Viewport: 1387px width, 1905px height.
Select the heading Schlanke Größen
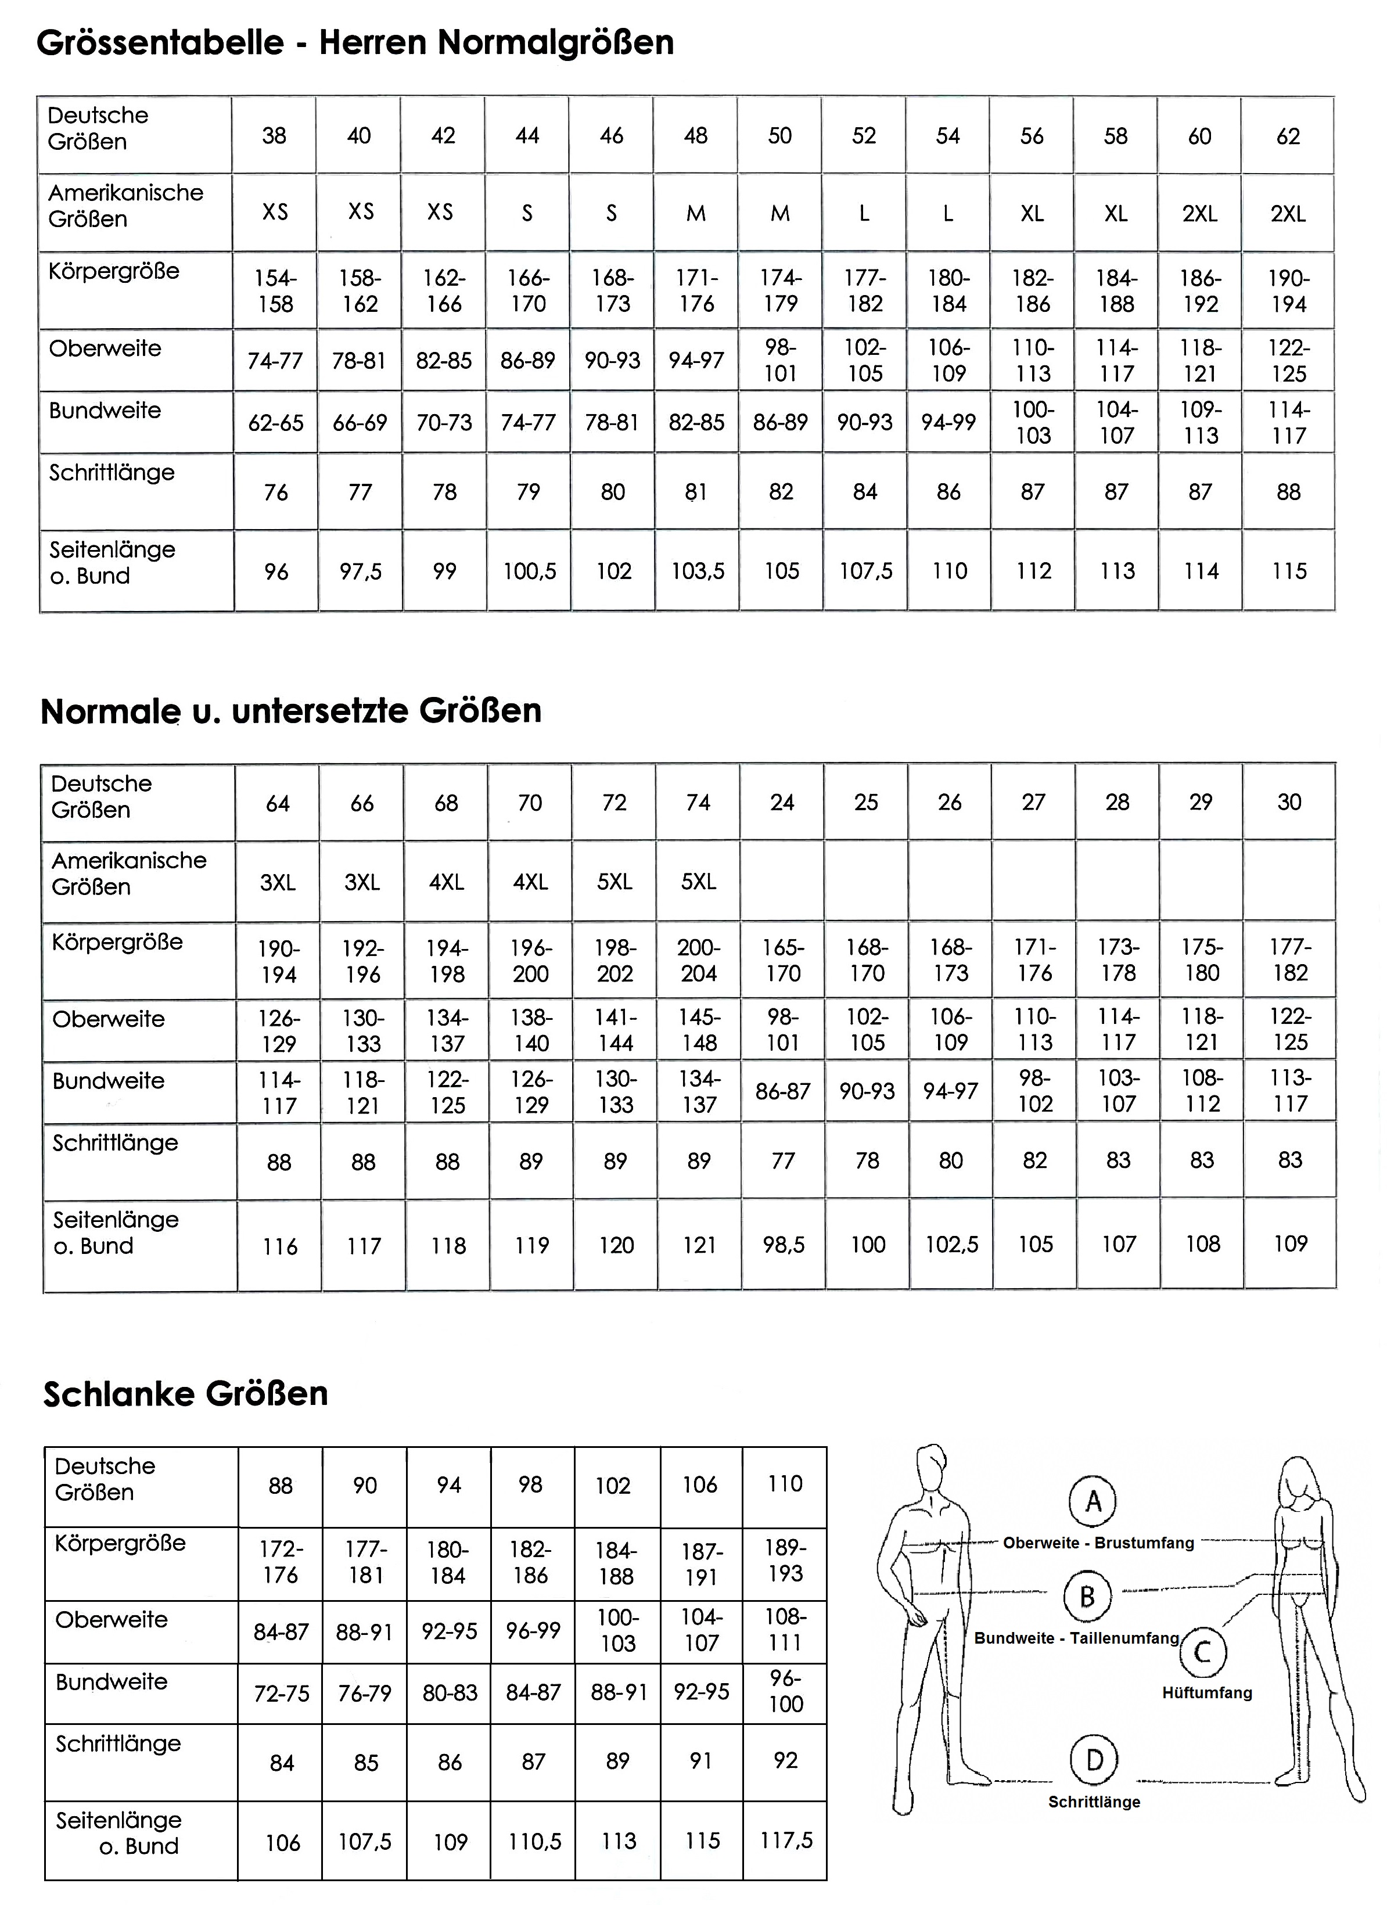click(186, 1393)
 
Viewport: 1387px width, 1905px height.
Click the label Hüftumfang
click(1206, 1692)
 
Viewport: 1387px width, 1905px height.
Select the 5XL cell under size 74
click(698, 882)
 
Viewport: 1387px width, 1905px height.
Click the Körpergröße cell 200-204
click(698, 960)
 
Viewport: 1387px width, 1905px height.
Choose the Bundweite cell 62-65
click(275, 422)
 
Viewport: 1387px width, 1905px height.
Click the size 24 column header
click(782, 802)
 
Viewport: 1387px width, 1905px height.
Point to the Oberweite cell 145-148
click(699, 1030)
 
